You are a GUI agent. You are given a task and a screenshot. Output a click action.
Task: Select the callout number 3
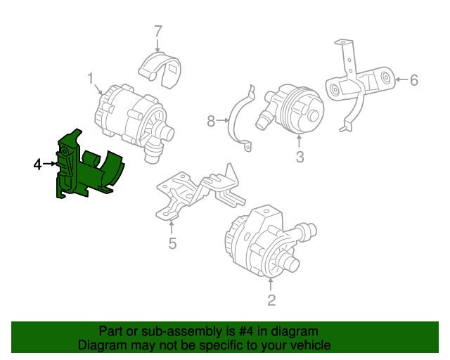coord(300,157)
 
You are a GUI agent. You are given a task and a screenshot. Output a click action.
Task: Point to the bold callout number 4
coord(37,165)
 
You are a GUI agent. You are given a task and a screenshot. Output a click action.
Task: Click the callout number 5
coord(172,244)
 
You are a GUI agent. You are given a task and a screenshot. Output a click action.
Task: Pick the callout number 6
coord(413,80)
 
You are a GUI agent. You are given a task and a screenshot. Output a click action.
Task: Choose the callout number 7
coord(158,31)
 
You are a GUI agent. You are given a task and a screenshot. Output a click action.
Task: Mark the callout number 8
coord(211,122)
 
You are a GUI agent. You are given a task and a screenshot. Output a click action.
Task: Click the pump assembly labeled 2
coord(264,239)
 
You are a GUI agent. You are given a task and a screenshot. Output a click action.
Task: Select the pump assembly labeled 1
coord(130,116)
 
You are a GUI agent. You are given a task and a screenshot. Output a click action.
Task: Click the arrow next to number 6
coord(400,80)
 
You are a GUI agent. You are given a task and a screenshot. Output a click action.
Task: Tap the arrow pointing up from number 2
coord(271,284)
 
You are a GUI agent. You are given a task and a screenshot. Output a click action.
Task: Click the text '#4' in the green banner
coord(227,331)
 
